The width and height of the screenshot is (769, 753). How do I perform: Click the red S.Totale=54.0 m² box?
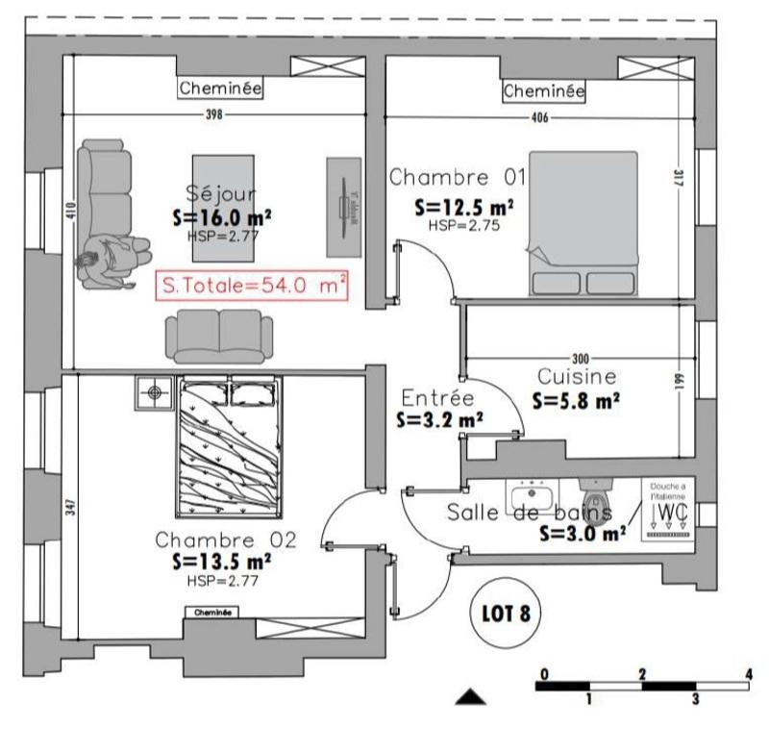point(252,287)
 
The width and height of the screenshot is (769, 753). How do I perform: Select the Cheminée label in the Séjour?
point(221,89)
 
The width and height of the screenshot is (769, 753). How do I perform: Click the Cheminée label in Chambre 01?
point(544,91)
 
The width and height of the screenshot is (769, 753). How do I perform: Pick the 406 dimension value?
point(539,118)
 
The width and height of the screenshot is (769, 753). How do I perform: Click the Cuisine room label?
point(577,376)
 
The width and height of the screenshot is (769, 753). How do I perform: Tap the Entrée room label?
point(437,398)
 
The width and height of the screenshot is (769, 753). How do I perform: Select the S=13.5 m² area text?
point(221,560)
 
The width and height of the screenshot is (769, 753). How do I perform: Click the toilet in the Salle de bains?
point(598,502)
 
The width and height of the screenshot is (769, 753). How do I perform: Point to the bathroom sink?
point(530,498)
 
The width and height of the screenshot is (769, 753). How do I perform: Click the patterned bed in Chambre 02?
point(228,447)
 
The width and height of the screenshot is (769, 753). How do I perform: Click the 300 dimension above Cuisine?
point(580,355)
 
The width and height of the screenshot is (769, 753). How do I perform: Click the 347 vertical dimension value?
point(69,508)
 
